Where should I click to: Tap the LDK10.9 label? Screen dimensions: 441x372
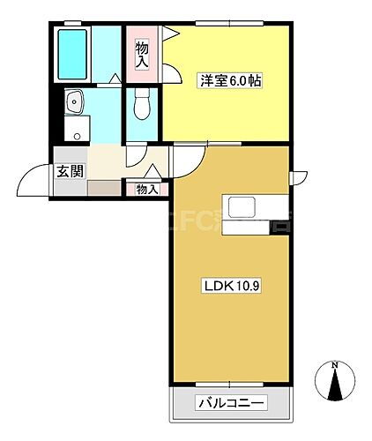[230, 285]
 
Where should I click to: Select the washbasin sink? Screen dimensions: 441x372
[75, 102]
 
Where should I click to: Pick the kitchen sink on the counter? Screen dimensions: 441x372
[242, 208]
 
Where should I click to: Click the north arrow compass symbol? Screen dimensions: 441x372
[335, 385]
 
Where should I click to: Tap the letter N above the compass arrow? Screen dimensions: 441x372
[335, 364]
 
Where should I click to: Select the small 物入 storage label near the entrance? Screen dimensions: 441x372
[146, 189]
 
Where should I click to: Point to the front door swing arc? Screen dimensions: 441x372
[31, 181]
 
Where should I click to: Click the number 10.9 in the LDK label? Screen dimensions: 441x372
[242, 285]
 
